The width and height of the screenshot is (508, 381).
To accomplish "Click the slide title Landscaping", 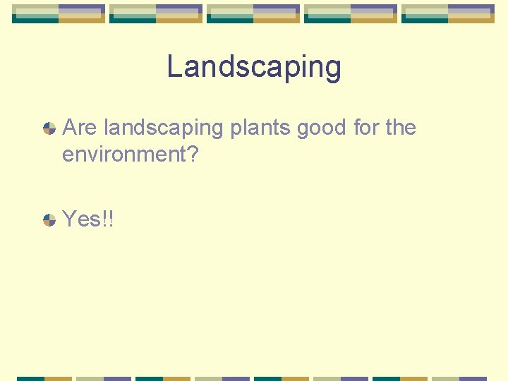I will coord(254,68).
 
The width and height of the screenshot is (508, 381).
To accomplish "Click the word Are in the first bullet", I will coord(80,128).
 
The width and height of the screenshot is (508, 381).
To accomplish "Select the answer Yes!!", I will coord(88,219).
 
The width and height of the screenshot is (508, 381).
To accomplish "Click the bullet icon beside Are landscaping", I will coord(49,128).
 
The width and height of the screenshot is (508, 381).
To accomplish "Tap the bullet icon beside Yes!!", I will coord(49,219).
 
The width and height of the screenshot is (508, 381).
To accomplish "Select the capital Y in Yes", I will coord(69,219).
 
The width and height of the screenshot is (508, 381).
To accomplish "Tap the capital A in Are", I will coord(69,128).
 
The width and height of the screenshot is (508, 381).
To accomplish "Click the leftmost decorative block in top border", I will coord(59,13).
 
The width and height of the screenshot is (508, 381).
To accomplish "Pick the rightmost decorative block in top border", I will coord(448,13).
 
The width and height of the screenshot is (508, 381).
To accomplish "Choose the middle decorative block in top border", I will coord(253,13).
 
